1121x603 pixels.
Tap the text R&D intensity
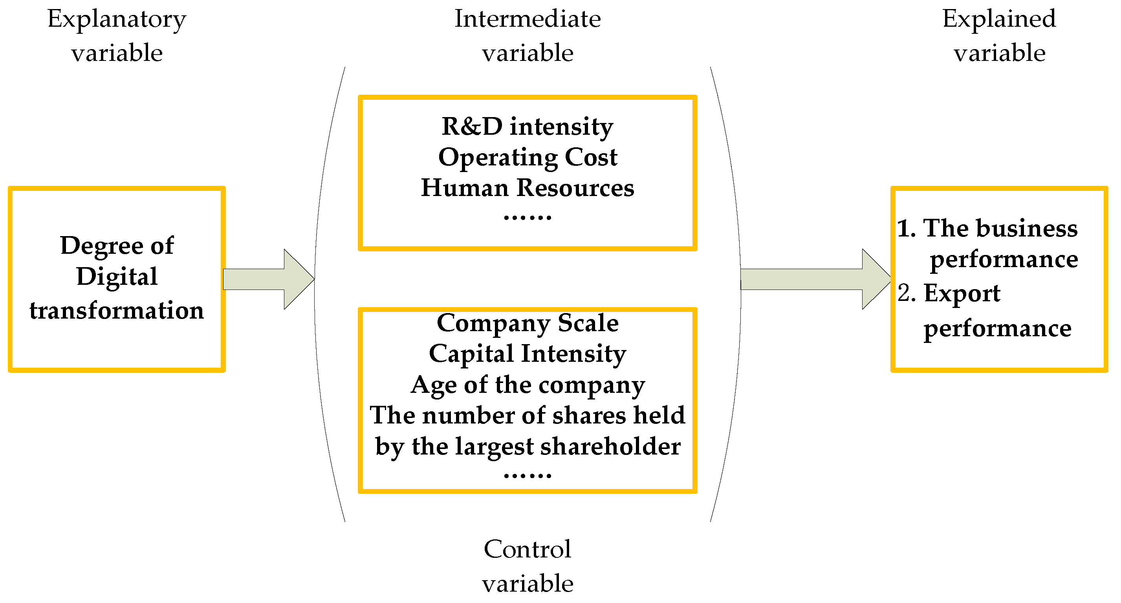[527, 127]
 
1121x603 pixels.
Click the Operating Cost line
[527, 157]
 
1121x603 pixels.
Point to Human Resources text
[527, 188]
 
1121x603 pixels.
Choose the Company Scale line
[527, 323]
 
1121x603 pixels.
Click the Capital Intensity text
[527, 354]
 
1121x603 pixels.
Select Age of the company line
[527, 385]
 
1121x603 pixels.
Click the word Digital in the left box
[117, 277]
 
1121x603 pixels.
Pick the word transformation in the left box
[117, 310]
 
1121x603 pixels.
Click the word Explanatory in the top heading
[117, 20]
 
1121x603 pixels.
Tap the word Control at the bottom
[527, 549]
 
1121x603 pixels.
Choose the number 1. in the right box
[907, 228]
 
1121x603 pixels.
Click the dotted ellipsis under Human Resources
[527, 217]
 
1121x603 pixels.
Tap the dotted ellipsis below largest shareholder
[527, 475]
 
